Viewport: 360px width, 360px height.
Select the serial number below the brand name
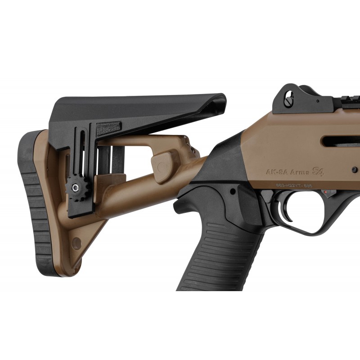(294, 185)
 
